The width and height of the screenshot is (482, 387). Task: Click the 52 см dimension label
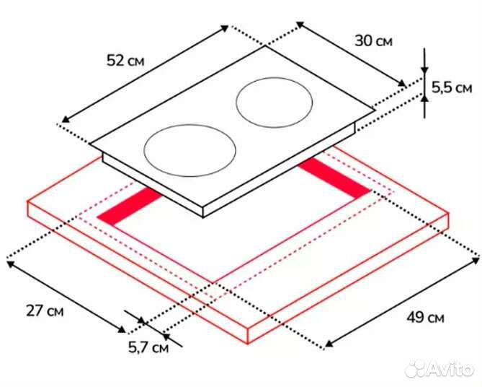(125, 60)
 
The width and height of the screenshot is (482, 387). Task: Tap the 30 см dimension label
(373, 40)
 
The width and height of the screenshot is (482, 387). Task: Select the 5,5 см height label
(452, 87)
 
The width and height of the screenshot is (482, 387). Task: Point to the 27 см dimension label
(45, 310)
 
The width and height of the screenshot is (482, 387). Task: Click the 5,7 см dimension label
(148, 348)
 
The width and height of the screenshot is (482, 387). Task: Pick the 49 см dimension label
(425, 317)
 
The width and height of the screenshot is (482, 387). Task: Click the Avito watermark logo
(439, 369)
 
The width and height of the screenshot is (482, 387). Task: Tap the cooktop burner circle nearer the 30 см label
(275, 103)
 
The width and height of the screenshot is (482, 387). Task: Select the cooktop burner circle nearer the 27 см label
(189, 151)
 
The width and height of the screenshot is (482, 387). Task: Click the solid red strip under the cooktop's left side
(130, 206)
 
